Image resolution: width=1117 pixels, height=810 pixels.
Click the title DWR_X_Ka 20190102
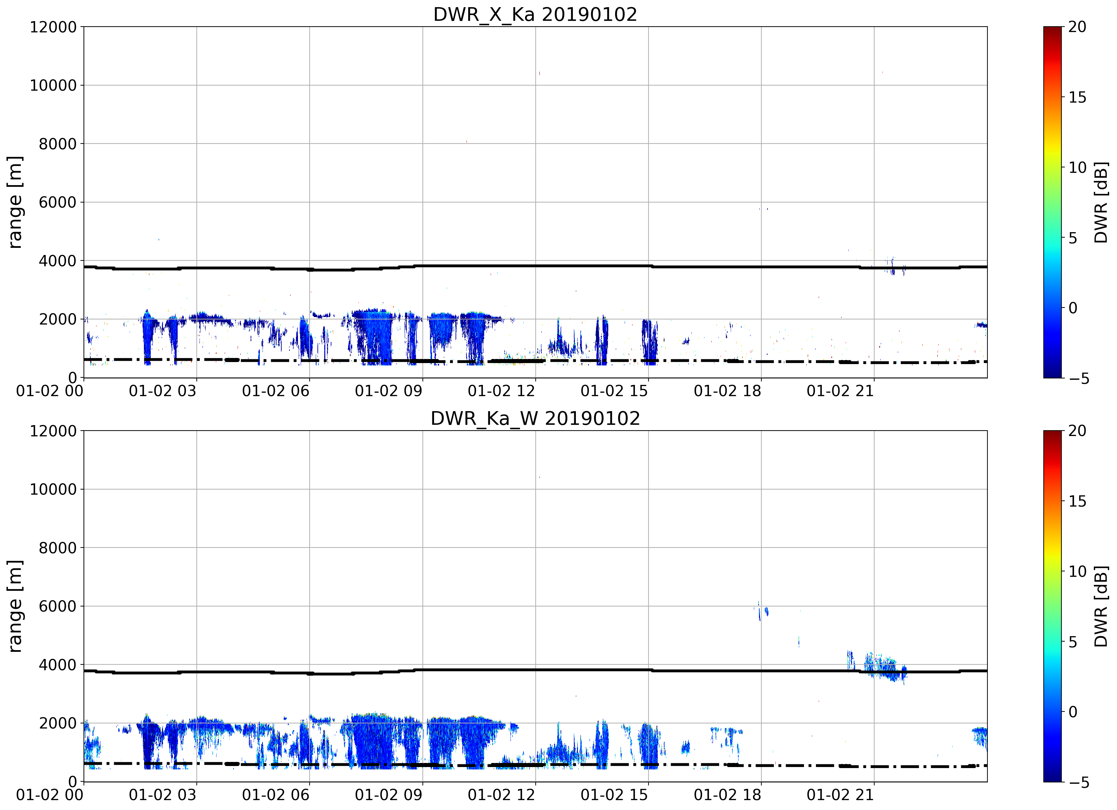535,14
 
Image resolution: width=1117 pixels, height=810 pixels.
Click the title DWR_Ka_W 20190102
535,419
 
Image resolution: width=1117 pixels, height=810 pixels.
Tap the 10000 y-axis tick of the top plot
53,85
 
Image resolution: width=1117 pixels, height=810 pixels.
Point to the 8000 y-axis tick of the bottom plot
58,547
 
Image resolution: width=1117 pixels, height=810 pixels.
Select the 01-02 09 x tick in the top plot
389,391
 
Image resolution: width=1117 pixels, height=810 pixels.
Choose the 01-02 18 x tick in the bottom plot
727,795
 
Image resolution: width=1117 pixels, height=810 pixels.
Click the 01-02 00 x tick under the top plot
50,391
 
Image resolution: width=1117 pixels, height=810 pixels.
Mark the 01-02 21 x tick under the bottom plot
840,795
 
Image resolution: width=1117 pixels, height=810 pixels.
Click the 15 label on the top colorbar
1077,97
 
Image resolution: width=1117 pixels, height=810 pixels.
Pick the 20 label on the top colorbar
1077,27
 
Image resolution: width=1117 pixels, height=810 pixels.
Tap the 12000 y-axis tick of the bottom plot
53,431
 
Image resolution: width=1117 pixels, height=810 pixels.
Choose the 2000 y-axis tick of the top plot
58,319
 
